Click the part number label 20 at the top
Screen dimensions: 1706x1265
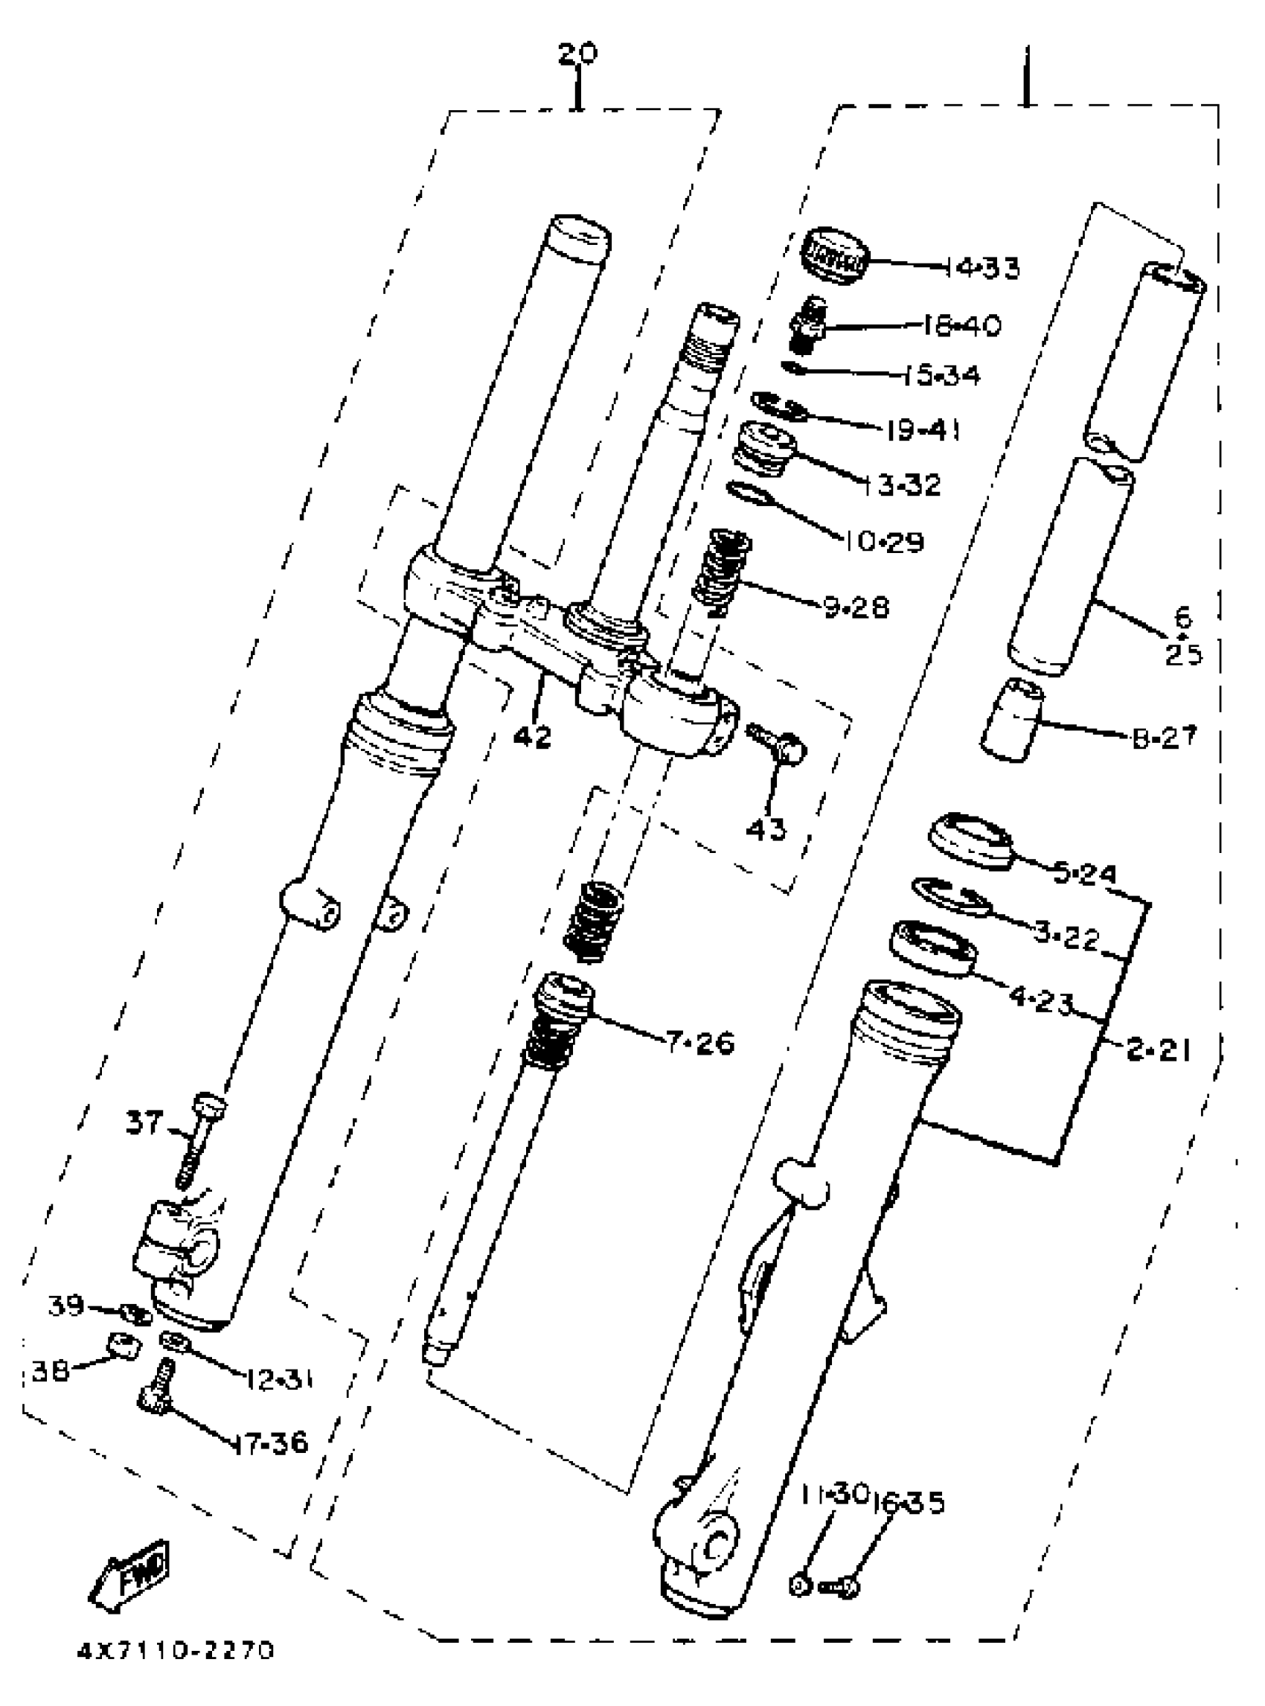tap(577, 55)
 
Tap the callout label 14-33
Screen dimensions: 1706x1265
tap(983, 268)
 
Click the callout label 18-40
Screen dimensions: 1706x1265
tap(961, 325)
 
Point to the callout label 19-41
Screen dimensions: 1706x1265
tap(923, 430)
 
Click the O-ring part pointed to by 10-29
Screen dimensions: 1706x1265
tap(747, 494)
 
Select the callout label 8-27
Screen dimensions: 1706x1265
tap(1164, 738)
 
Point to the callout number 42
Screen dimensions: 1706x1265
tap(532, 737)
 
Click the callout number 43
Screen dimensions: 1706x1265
tap(766, 829)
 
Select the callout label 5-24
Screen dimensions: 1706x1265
tap(1085, 873)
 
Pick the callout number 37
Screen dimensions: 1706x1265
tap(144, 1123)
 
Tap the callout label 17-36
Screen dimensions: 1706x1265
tap(271, 1443)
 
